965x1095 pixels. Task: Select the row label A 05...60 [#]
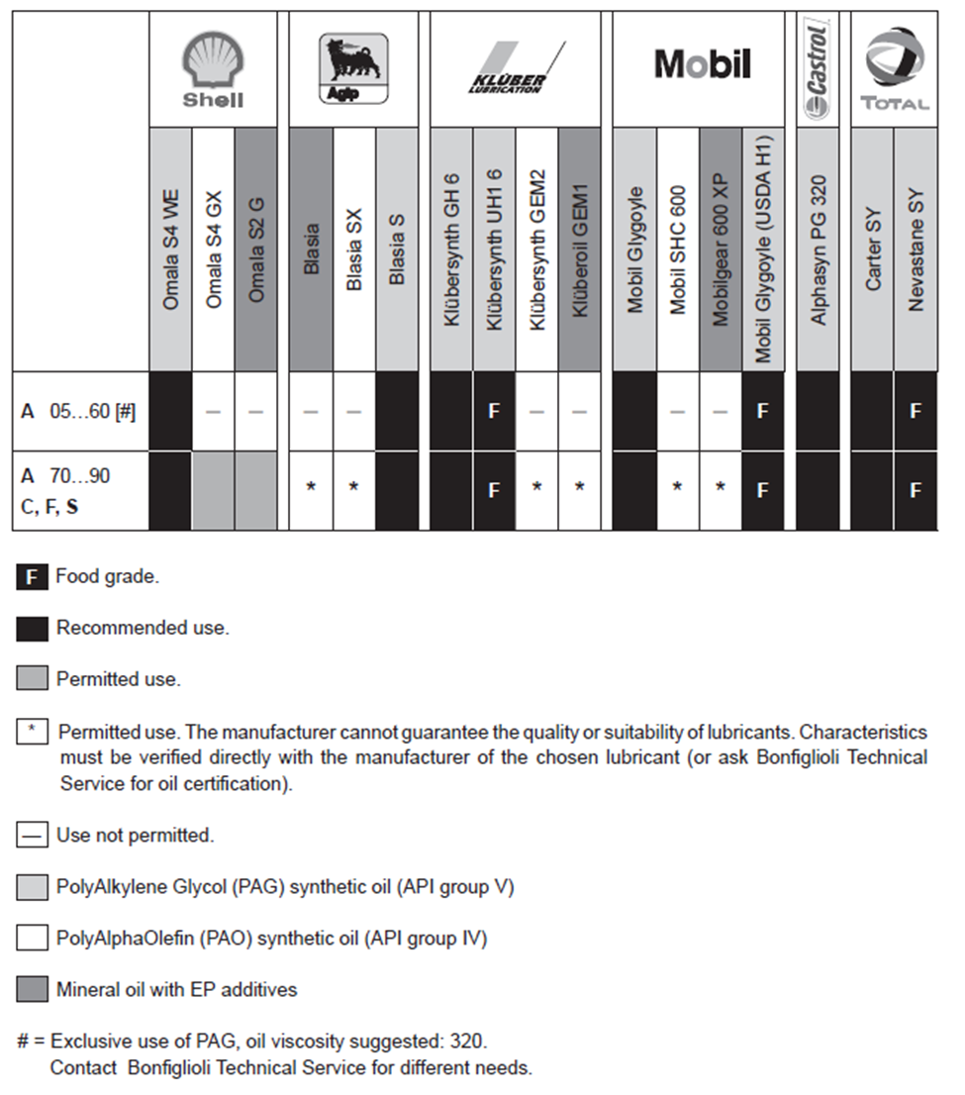78,410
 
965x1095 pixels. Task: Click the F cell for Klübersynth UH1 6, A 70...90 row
494,489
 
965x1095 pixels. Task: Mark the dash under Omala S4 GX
213,411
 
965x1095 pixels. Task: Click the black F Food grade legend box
32,577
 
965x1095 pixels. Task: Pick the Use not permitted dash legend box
32,836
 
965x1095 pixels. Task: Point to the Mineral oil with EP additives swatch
32,989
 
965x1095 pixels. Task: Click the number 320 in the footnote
467,1042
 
